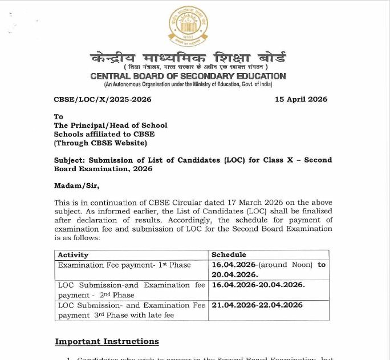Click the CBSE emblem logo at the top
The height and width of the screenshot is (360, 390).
(x=188, y=26)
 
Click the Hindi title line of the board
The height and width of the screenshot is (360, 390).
(x=188, y=58)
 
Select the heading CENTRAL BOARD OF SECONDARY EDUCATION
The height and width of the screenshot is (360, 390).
(x=188, y=76)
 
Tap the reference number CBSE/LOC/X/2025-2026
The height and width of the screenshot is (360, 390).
(x=102, y=99)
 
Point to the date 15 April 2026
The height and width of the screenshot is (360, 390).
(x=300, y=99)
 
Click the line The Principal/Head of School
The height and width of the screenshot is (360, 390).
(x=111, y=125)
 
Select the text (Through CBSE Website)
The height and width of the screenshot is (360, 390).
(x=100, y=143)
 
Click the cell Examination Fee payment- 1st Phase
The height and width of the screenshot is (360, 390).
(x=124, y=265)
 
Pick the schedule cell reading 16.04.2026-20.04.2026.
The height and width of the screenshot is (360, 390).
(x=258, y=285)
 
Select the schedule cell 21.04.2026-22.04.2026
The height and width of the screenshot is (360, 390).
(x=257, y=305)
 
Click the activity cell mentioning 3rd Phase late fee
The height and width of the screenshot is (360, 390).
(x=131, y=310)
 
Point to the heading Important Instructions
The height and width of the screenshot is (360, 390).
(x=107, y=341)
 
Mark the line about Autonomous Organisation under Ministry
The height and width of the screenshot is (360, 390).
(x=188, y=84)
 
